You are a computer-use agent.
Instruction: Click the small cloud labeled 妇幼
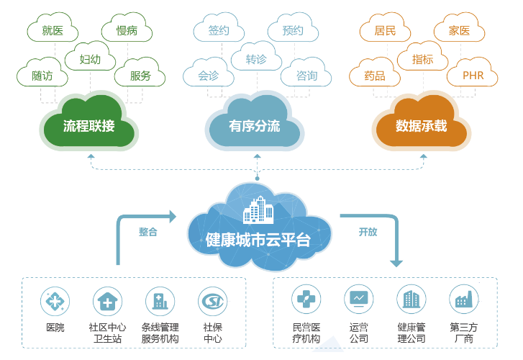coord(90,58)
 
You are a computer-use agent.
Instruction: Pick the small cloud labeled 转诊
coord(256,58)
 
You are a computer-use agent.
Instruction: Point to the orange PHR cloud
coord(473,73)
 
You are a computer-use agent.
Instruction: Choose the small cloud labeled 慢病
coord(127,29)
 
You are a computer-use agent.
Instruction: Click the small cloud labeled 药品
coord(375,73)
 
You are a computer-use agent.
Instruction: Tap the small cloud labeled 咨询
coord(306,73)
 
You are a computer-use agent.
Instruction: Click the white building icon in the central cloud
coord(258,210)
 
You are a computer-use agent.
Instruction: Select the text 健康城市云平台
coord(258,240)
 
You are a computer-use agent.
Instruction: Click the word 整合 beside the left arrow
coord(147,231)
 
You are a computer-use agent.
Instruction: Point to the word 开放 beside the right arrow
coord(368,231)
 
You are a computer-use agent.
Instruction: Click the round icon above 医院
coord(55,301)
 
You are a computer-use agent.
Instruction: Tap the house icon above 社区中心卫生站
coord(107,301)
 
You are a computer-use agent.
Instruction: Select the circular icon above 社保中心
coord(213,301)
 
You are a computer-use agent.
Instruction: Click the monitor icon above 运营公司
coord(359,299)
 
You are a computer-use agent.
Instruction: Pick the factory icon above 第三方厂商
coord(464,299)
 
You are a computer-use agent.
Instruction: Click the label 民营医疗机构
coord(306,333)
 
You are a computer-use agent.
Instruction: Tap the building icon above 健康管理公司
coord(411,299)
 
